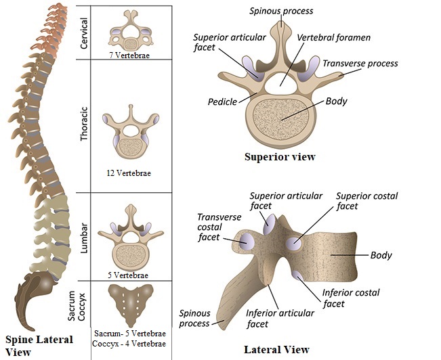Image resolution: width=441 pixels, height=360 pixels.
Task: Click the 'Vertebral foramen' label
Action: (x=333, y=38)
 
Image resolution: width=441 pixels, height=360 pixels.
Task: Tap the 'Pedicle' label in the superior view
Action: (x=223, y=102)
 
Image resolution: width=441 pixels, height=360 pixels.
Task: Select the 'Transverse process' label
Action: (x=360, y=64)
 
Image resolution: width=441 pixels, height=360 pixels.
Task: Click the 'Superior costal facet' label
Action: (x=366, y=201)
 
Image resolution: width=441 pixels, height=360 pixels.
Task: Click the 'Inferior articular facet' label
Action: (x=280, y=318)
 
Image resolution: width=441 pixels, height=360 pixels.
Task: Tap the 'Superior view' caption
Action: (x=280, y=157)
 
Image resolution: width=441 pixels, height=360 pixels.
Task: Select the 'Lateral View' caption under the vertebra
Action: (x=276, y=350)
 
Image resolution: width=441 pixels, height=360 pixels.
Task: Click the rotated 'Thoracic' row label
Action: (x=84, y=125)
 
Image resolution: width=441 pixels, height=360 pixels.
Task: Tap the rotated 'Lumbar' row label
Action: (x=84, y=237)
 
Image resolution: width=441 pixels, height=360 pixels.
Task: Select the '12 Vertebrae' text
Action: (x=129, y=173)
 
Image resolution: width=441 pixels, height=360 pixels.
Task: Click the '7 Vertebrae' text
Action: (x=131, y=55)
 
